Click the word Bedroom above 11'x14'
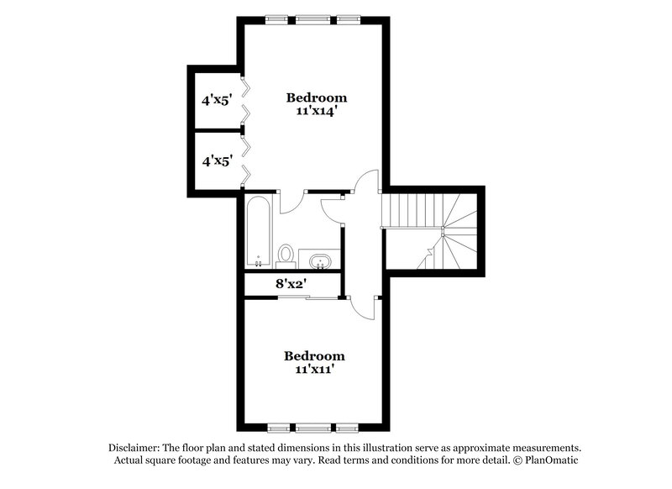point(316,97)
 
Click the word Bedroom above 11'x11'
point(314,355)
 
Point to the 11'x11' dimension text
point(314,370)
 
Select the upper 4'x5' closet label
point(215,99)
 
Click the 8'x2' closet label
point(291,284)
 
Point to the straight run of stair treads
point(410,209)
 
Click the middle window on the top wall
point(312,18)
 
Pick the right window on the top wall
point(346,18)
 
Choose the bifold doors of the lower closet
point(244,160)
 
